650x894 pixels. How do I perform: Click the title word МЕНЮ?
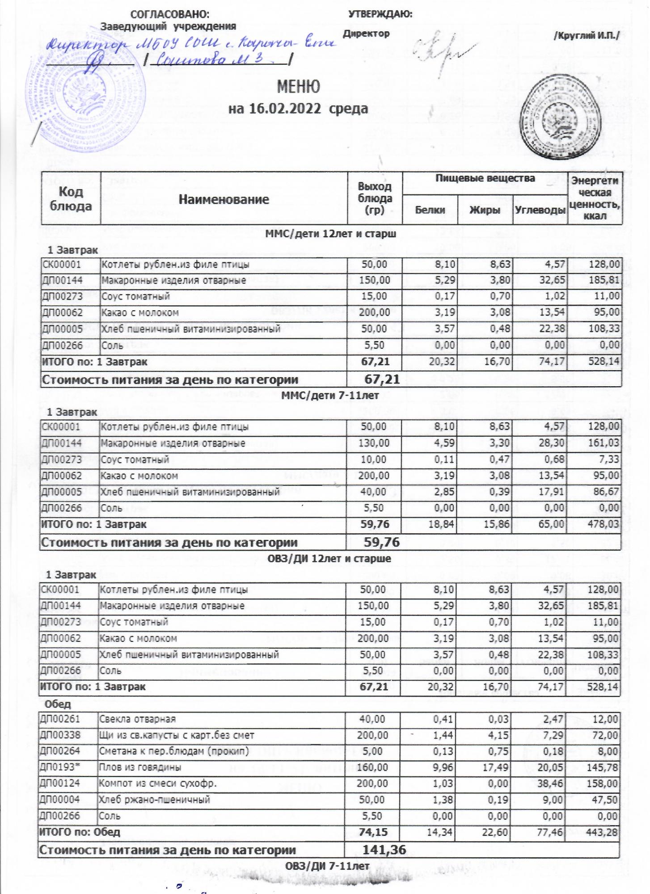[298, 87]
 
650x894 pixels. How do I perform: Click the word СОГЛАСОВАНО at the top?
[169, 14]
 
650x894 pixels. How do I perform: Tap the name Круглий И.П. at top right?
[587, 36]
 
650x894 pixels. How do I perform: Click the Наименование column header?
[224, 199]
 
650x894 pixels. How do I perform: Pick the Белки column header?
[430, 210]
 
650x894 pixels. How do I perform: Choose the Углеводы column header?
[540, 210]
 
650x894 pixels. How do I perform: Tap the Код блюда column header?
[71, 199]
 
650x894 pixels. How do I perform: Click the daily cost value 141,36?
[384, 849]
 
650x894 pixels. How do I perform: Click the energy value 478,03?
[604, 524]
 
